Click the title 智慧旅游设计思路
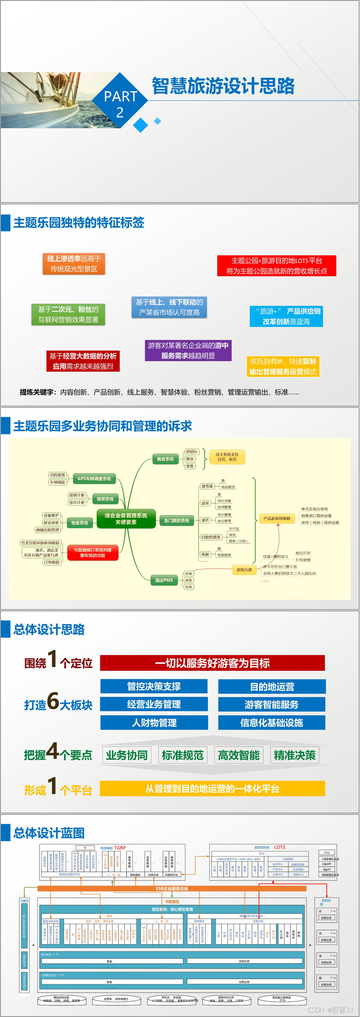click(223, 86)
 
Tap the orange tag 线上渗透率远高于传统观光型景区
click(74, 264)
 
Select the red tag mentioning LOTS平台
click(276, 266)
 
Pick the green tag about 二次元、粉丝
click(68, 314)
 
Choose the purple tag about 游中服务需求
click(188, 350)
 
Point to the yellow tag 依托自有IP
click(283, 366)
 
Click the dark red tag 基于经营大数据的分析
click(83, 361)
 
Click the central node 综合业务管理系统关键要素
click(126, 519)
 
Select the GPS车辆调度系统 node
click(94, 479)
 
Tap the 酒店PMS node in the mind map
click(164, 580)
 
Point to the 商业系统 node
click(165, 459)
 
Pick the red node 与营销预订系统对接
click(93, 552)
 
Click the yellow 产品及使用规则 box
click(277, 519)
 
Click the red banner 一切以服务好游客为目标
click(212, 663)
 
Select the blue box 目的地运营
click(272, 687)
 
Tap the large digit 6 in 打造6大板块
click(53, 701)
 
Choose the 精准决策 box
click(295, 755)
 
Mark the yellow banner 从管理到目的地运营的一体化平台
click(212, 788)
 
